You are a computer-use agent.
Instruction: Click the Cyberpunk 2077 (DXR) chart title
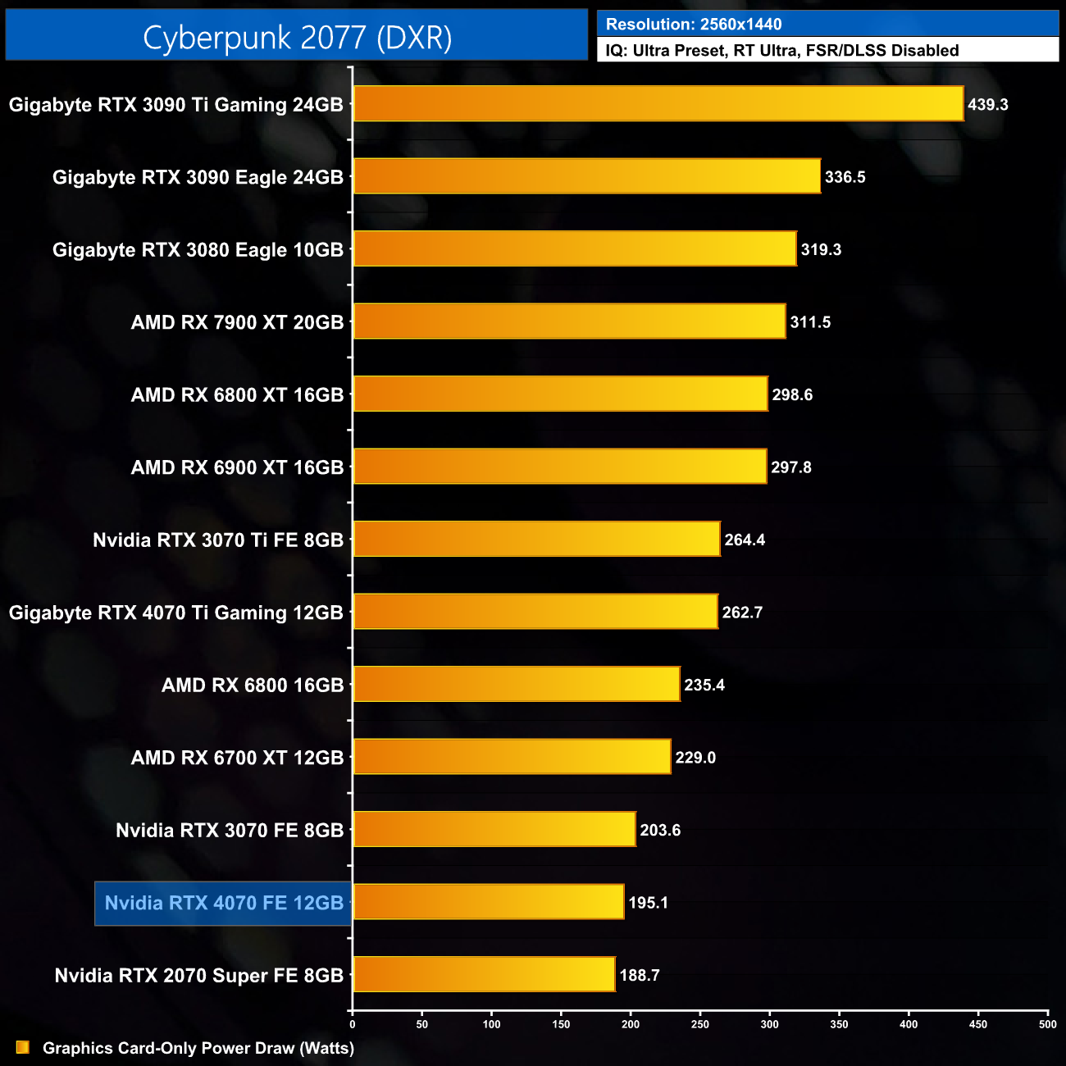[x=297, y=38]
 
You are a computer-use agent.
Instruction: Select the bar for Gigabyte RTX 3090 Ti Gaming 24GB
[x=658, y=104]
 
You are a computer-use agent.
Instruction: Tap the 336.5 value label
[x=845, y=177]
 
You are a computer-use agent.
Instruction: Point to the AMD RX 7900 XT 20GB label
[x=237, y=322]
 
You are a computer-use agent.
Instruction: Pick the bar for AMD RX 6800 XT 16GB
[x=560, y=394]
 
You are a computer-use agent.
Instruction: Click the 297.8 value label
[x=791, y=467]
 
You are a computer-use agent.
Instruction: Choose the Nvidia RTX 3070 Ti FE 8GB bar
[x=536, y=540]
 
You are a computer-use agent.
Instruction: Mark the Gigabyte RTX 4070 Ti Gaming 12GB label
[x=175, y=613]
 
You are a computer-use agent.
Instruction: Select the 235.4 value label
[x=704, y=685]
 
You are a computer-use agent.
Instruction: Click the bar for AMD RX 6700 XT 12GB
[x=512, y=757]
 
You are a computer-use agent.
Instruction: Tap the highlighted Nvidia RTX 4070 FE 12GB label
[x=224, y=903]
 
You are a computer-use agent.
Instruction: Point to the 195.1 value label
[x=648, y=903]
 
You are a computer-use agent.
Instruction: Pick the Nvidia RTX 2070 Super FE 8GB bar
[x=484, y=975]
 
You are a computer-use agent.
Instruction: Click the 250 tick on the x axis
[x=700, y=1024]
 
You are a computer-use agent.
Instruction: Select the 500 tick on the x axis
[x=1047, y=1024]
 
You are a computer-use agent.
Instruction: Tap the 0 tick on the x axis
[x=353, y=1024]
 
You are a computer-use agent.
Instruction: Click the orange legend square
[x=23, y=1048]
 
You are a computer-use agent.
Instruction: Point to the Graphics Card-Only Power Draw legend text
[x=198, y=1048]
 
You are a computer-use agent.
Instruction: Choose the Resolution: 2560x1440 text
[x=694, y=25]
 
